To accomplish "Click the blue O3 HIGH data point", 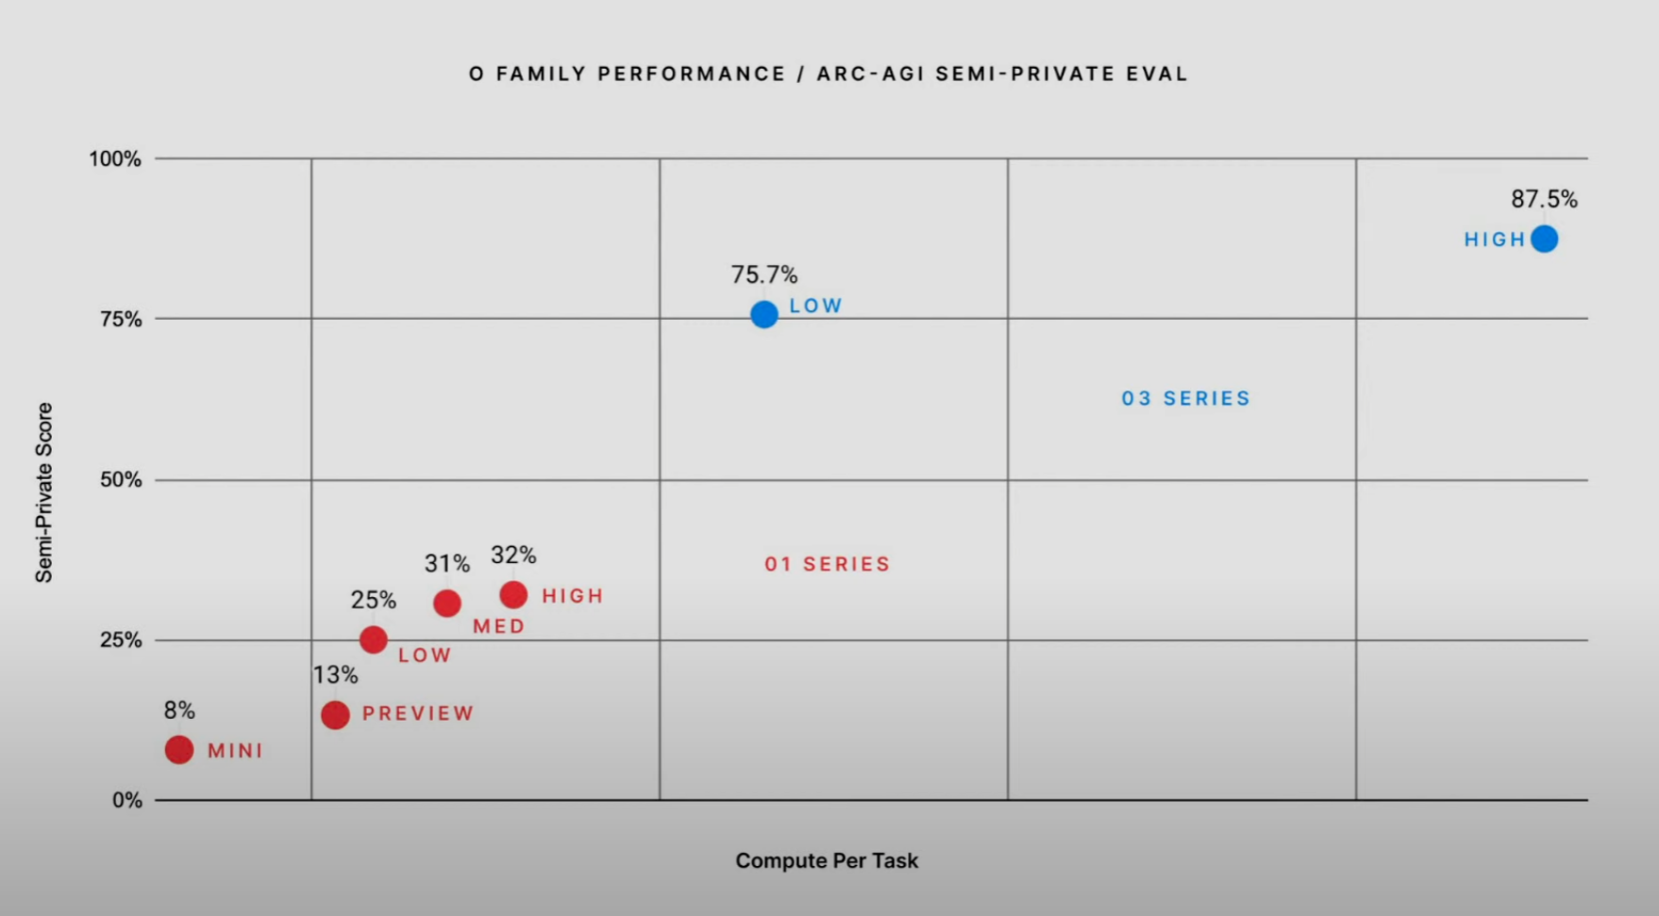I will pyautogui.click(x=1544, y=239).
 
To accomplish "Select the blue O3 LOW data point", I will pyautogui.click(x=764, y=314).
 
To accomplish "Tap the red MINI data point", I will pyautogui.click(x=179, y=750).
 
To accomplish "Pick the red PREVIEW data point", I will pyautogui.click(x=335, y=715).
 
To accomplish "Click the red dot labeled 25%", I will pyautogui.click(x=374, y=640).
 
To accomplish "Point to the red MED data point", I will pyautogui.click(x=447, y=603).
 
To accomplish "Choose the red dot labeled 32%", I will pyautogui.click(x=513, y=595).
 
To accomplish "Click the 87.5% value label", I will pyautogui.click(x=1544, y=199).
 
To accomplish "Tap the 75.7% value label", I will pyautogui.click(x=764, y=275).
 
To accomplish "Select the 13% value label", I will pyautogui.click(x=336, y=675).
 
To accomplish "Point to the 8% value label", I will pyautogui.click(x=179, y=710).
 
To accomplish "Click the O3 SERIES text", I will pyautogui.click(x=1185, y=398).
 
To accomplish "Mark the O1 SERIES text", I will pyautogui.click(x=827, y=564).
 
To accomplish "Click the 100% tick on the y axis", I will pyautogui.click(x=116, y=158).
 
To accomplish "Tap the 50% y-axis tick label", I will pyautogui.click(x=121, y=479).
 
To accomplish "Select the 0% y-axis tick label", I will pyautogui.click(x=127, y=800).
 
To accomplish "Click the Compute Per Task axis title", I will pyautogui.click(x=827, y=860).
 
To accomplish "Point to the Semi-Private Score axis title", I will pyautogui.click(x=43, y=492).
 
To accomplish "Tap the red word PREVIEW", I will pyautogui.click(x=418, y=713).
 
